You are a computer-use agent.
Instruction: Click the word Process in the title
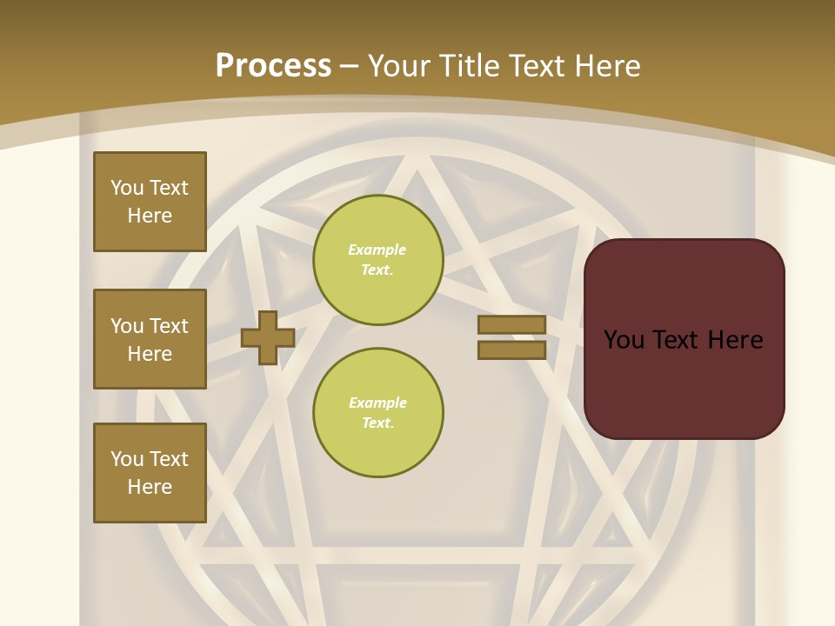click(x=273, y=66)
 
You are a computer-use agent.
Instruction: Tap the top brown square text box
click(x=150, y=202)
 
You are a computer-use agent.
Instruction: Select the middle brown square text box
click(x=150, y=339)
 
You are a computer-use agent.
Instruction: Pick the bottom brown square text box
click(x=150, y=473)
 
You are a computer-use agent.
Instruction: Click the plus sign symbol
click(x=268, y=337)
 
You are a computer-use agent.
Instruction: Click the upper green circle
click(x=378, y=260)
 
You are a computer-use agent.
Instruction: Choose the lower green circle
click(x=378, y=413)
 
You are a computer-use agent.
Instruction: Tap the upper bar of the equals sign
click(x=511, y=324)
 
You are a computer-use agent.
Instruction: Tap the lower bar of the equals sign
click(x=511, y=350)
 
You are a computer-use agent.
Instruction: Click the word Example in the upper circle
click(x=377, y=250)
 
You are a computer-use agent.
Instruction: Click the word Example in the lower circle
click(x=377, y=403)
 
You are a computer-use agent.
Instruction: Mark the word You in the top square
click(x=127, y=188)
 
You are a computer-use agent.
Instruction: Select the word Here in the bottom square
click(x=150, y=487)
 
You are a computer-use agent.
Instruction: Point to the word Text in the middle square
click(x=168, y=326)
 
